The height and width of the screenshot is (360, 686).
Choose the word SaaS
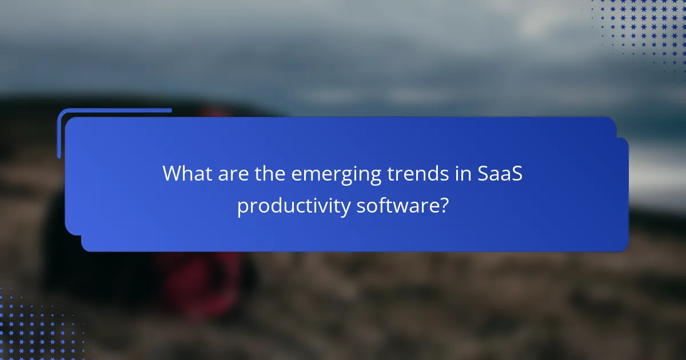click(x=500, y=174)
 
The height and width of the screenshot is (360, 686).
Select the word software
click(x=394, y=206)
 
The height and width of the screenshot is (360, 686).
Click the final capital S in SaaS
click(x=517, y=174)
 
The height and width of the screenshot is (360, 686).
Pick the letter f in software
click(x=381, y=205)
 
